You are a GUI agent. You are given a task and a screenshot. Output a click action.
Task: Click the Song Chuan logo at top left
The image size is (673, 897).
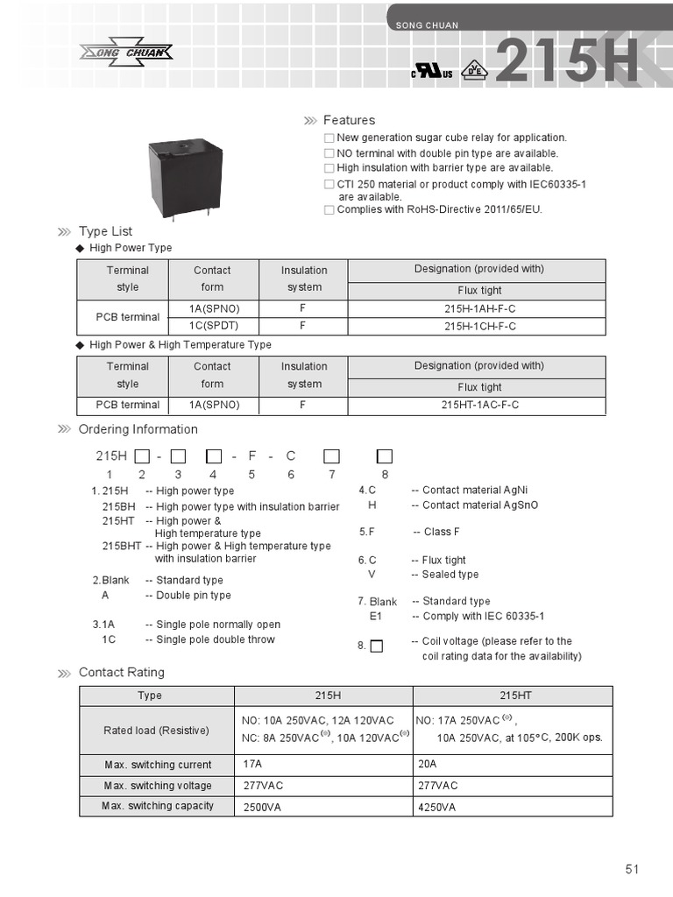tap(127, 52)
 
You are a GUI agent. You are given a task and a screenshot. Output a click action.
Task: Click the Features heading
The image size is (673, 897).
tap(349, 120)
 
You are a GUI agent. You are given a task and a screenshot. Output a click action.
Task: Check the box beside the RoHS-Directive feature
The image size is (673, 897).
tap(329, 210)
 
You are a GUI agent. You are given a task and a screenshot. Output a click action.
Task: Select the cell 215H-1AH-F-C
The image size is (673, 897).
tap(476, 309)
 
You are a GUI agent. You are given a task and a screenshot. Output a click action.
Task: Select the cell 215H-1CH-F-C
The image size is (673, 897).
tap(476, 327)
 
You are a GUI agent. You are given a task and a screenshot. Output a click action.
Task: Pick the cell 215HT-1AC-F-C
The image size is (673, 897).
tap(476, 405)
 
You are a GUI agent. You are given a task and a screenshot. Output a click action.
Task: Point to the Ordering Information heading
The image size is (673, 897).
tap(138, 429)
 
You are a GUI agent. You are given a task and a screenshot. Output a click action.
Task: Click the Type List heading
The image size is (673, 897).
tap(105, 231)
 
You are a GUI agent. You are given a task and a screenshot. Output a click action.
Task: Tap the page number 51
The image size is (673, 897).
tap(633, 869)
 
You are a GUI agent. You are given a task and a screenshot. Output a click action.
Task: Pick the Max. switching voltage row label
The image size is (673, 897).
tap(159, 786)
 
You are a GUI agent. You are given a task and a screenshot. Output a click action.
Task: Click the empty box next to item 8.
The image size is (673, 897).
tap(376, 646)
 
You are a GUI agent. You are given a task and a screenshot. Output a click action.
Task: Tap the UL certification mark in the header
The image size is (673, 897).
tap(431, 72)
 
